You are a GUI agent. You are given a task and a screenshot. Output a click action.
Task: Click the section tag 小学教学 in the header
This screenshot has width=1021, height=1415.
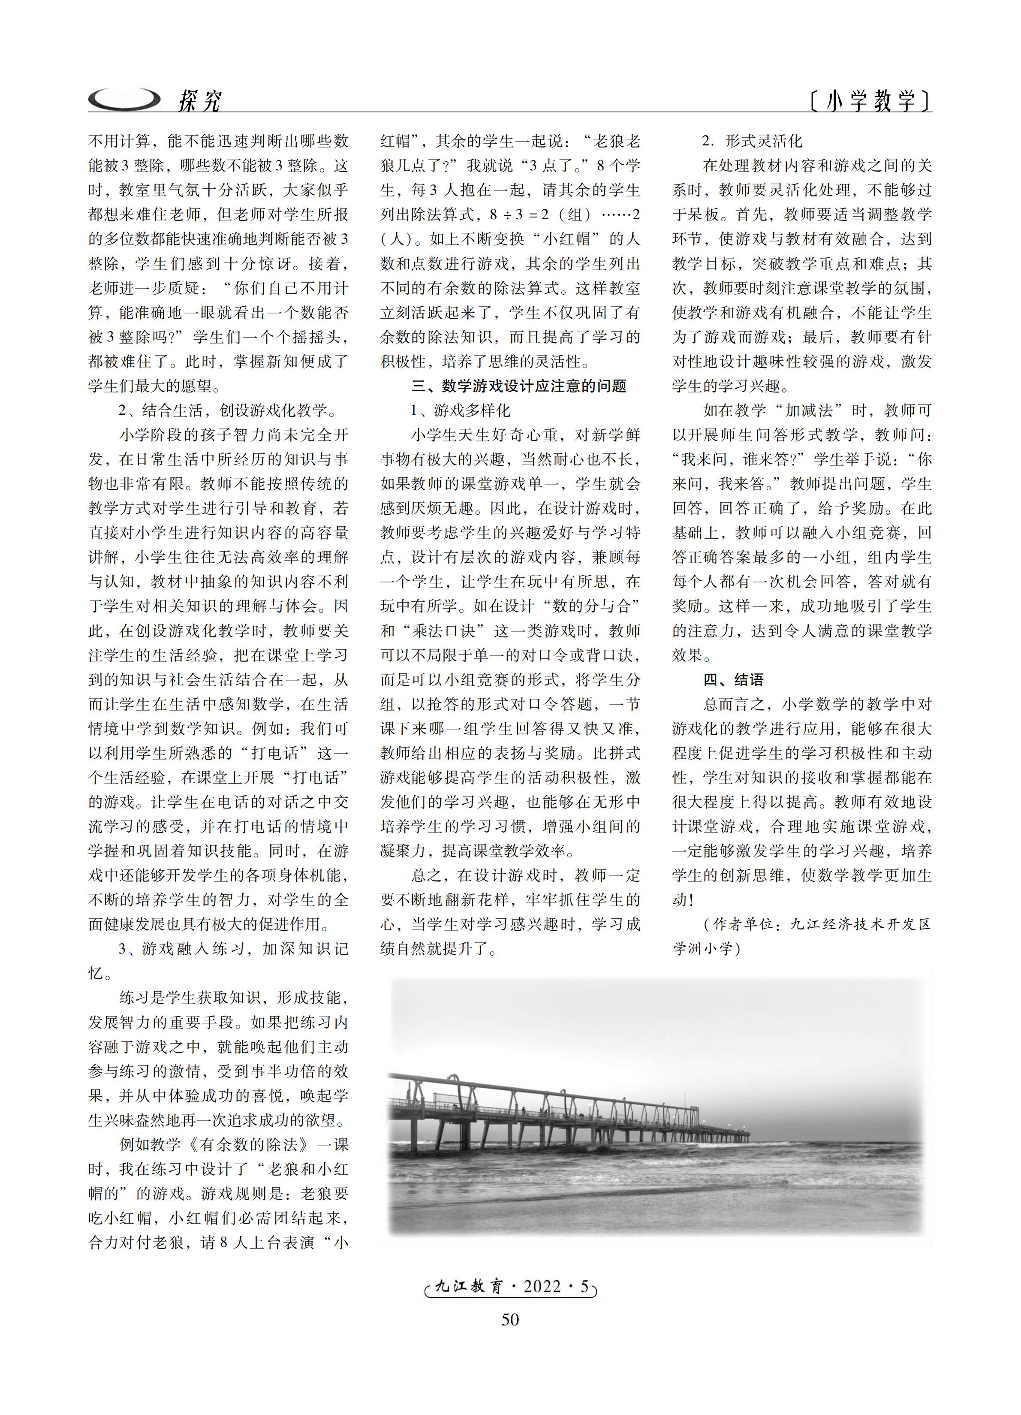tap(870, 100)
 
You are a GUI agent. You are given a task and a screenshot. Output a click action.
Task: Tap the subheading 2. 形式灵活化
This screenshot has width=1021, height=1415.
tap(752, 141)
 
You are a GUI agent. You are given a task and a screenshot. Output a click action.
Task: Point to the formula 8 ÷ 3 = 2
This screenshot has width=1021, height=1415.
tap(519, 214)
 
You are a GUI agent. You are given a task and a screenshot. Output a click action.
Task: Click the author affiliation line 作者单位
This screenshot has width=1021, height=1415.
tap(816, 924)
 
